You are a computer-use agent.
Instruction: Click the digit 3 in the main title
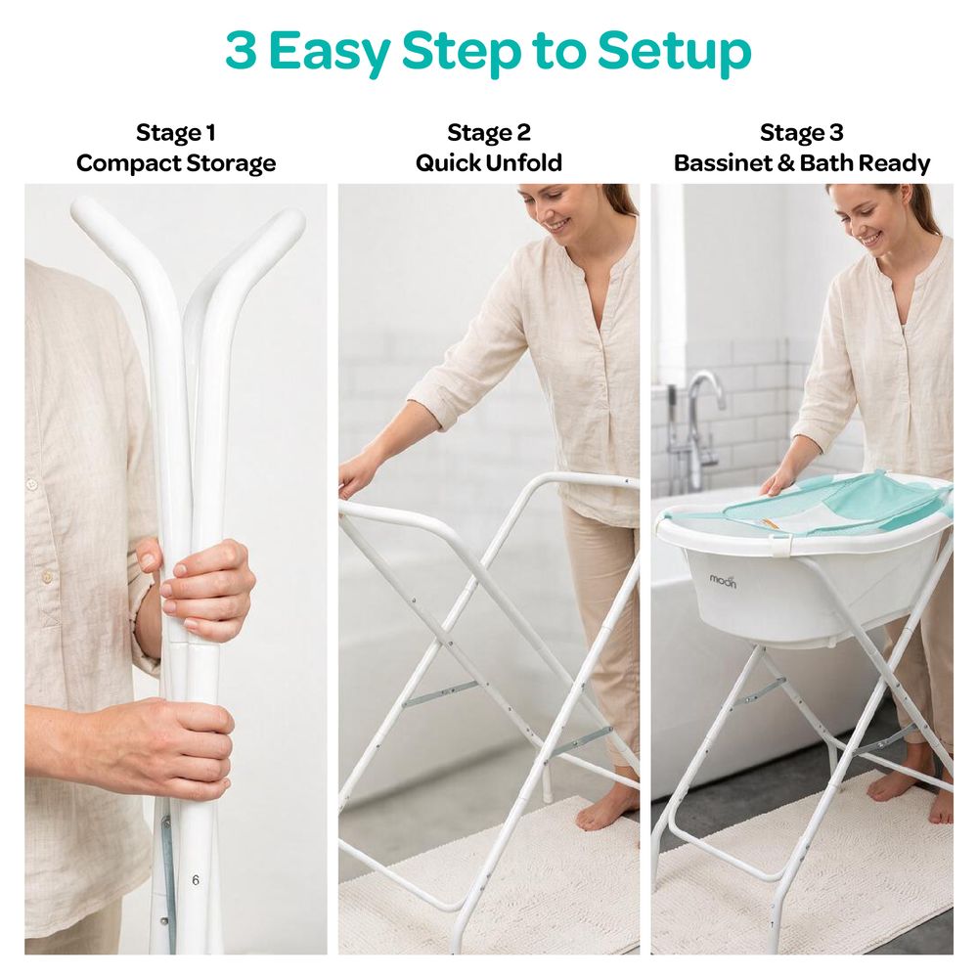[x=241, y=50]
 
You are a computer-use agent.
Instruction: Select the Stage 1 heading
[x=176, y=132]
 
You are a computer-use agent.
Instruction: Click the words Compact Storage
[x=176, y=163]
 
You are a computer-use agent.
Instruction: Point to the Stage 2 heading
[x=489, y=132]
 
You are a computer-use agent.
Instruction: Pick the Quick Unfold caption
[x=489, y=162]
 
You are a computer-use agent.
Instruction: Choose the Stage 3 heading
[x=802, y=132]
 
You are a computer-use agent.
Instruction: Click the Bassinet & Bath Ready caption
[x=802, y=162]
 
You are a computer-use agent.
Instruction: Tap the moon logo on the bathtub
[x=723, y=581]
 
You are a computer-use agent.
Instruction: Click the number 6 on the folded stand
[x=196, y=880]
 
